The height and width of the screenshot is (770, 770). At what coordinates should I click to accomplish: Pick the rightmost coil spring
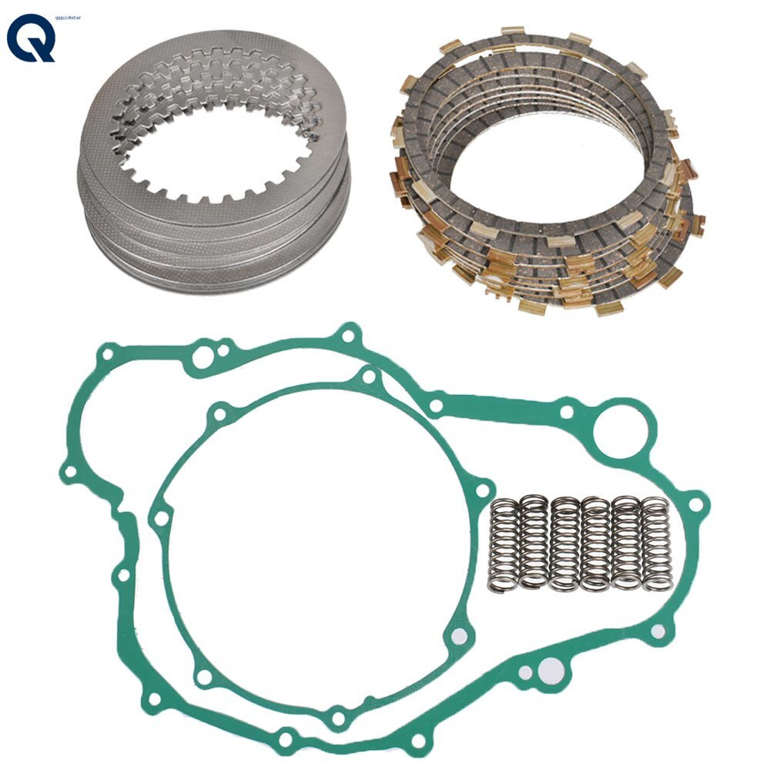(x=656, y=544)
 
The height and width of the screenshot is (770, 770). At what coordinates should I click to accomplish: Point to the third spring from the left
(x=564, y=544)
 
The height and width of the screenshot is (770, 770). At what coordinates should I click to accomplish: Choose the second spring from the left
(x=534, y=543)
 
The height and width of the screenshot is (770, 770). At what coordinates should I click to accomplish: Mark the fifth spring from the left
(x=626, y=544)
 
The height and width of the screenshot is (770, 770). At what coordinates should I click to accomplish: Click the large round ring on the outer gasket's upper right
(x=620, y=424)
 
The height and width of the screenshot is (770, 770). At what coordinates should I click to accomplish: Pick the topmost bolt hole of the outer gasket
(x=350, y=335)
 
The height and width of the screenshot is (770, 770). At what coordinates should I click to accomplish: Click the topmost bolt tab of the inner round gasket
(x=370, y=377)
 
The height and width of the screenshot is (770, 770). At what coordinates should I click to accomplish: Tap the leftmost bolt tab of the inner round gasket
(x=161, y=518)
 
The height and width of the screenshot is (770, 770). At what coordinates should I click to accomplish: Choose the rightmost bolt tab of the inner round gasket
(x=482, y=490)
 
